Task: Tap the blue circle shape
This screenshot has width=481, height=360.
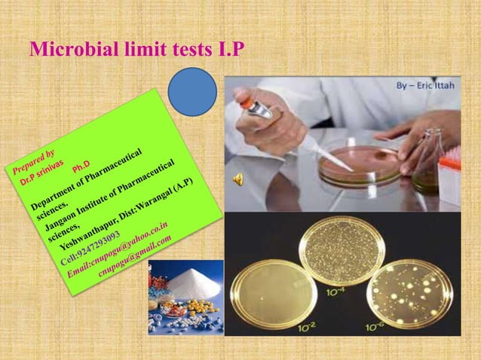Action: [x=192, y=93]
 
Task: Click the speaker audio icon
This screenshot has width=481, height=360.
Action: [x=238, y=178]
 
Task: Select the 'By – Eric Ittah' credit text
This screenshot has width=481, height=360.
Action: [x=427, y=86]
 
